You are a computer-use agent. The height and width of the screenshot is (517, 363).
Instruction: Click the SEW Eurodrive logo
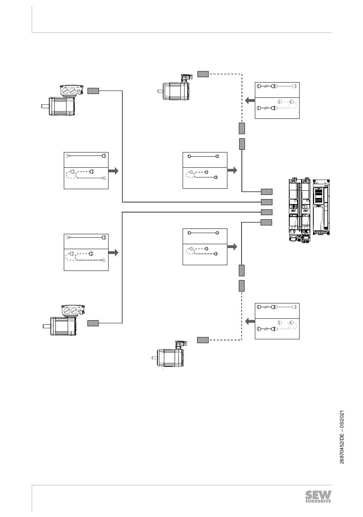(318, 497)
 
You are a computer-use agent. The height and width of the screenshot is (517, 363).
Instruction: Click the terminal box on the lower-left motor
(73, 311)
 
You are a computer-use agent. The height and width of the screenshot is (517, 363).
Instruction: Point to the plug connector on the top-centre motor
(186, 78)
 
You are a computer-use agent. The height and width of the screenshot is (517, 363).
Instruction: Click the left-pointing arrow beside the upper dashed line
(250, 101)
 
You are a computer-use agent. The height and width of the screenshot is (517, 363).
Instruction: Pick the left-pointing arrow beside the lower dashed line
(250, 322)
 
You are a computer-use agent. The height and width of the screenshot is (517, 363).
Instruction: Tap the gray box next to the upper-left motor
(93, 91)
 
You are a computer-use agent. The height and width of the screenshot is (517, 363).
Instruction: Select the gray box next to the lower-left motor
(93, 323)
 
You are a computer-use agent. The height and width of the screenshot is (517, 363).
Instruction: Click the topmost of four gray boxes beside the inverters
(267, 191)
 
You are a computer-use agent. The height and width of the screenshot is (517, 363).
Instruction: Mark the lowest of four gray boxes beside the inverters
(267, 222)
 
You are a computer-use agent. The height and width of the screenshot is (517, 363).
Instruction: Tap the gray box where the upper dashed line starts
(203, 74)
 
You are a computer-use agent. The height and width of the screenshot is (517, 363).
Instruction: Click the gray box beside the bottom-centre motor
(203, 340)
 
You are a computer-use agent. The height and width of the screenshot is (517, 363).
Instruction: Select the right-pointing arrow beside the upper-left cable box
(113, 171)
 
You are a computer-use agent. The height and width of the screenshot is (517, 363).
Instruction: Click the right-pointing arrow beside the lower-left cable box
(113, 253)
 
